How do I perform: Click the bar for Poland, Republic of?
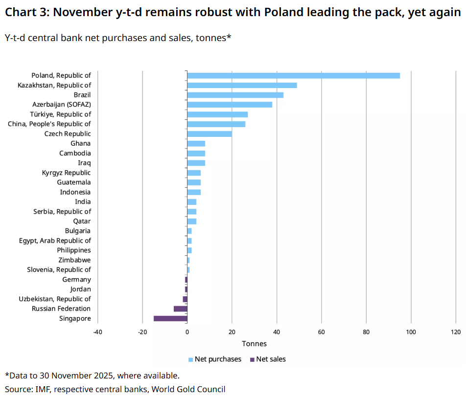click(x=293, y=75)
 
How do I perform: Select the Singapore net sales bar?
click(x=170, y=318)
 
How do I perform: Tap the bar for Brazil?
click(x=235, y=95)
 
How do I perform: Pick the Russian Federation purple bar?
click(x=181, y=309)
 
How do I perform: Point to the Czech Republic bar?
click(x=210, y=133)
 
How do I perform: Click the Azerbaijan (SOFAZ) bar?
click(x=230, y=105)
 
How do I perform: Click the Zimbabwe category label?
click(x=74, y=260)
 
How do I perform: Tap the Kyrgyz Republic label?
click(x=67, y=173)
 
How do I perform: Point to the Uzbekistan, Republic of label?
click(x=55, y=299)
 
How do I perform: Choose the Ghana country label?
click(x=80, y=143)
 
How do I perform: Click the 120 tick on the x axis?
click(x=455, y=332)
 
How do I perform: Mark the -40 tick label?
click(x=97, y=332)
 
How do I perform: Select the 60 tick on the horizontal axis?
click(x=321, y=332)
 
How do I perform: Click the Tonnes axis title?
click(x=254, y=344)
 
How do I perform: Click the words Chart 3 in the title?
click(x=25, y=13)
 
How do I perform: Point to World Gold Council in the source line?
click(x=188, y=389)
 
